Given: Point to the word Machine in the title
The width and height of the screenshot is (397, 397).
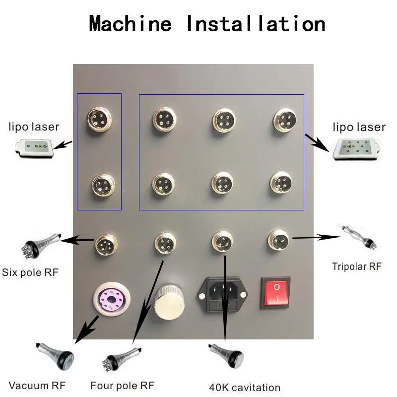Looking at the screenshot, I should coord(130,24).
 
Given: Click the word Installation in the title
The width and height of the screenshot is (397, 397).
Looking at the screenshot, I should coord(256,24).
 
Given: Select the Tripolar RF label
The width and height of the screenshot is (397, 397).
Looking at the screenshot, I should coord(356,266).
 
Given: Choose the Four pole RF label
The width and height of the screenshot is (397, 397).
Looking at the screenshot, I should coord(122,385).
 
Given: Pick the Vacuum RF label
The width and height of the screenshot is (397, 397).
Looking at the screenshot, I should coord(37,385).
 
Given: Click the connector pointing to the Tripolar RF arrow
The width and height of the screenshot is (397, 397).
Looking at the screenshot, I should coord(277,241).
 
